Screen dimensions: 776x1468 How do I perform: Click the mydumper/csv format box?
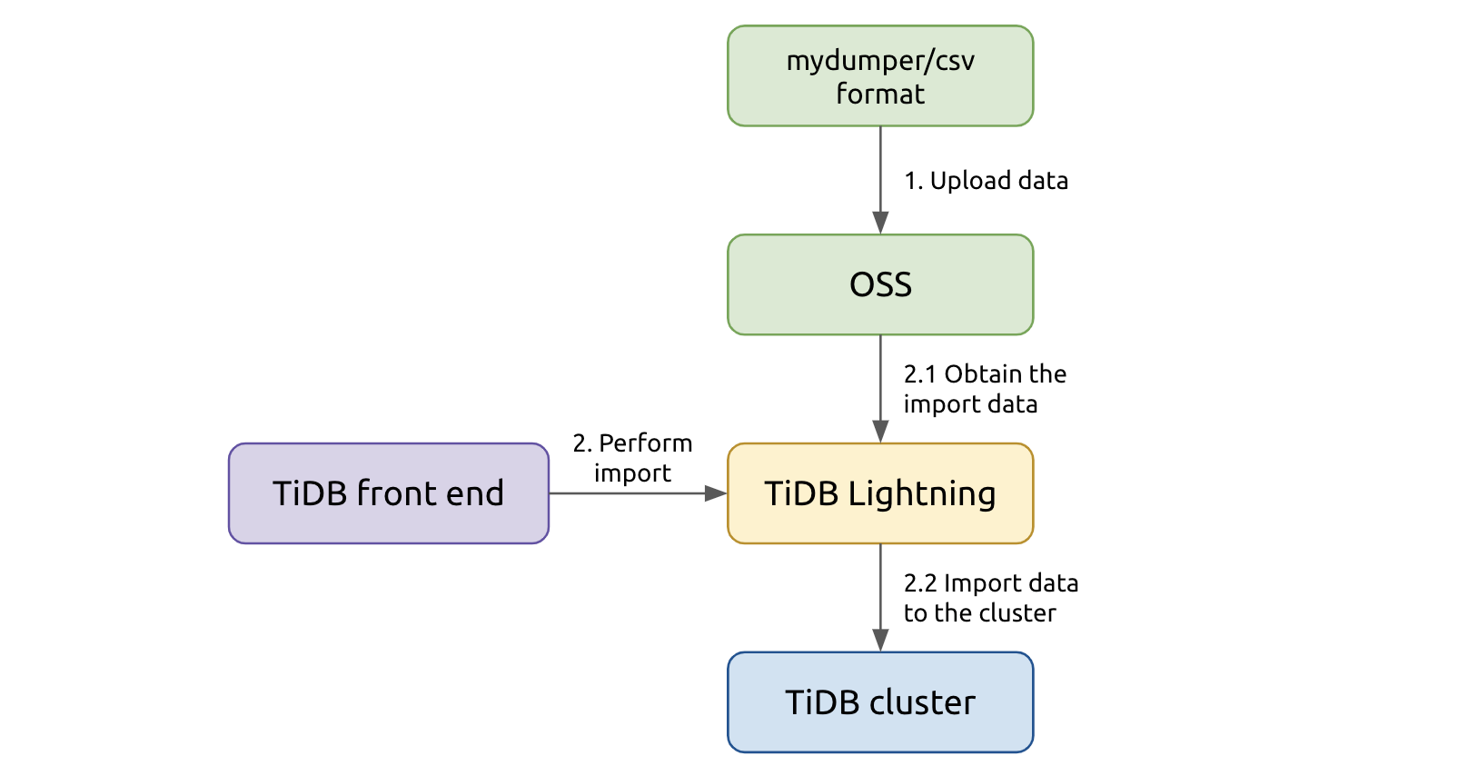(x=879, y=76)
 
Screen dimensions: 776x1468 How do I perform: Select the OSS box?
(x=879, y=284)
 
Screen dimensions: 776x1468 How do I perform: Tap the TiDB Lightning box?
(x=879, y=493)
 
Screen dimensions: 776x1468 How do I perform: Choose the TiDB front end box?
(x=388, y=493)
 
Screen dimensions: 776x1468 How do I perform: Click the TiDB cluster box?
(x=879, y=702)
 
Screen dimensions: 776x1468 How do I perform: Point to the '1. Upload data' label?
(x=986, y=181)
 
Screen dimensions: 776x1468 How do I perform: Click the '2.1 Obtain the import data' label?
(x=984, y=389)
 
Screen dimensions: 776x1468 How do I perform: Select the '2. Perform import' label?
(x=632, y=458)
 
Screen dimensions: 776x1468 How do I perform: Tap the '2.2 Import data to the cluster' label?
(x=989, y=598)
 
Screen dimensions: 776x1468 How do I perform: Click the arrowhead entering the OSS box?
(x=880, y=224)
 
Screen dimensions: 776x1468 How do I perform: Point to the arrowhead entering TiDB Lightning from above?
(x=880, y=432)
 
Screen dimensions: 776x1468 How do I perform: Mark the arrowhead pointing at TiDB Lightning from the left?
(x=716, y=493)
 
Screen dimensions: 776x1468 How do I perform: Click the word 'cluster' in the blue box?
(x=922, y=702)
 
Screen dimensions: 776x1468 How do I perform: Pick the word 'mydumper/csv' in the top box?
(x=880, y=62)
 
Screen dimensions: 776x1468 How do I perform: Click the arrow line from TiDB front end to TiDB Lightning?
(x=627, y=493)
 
